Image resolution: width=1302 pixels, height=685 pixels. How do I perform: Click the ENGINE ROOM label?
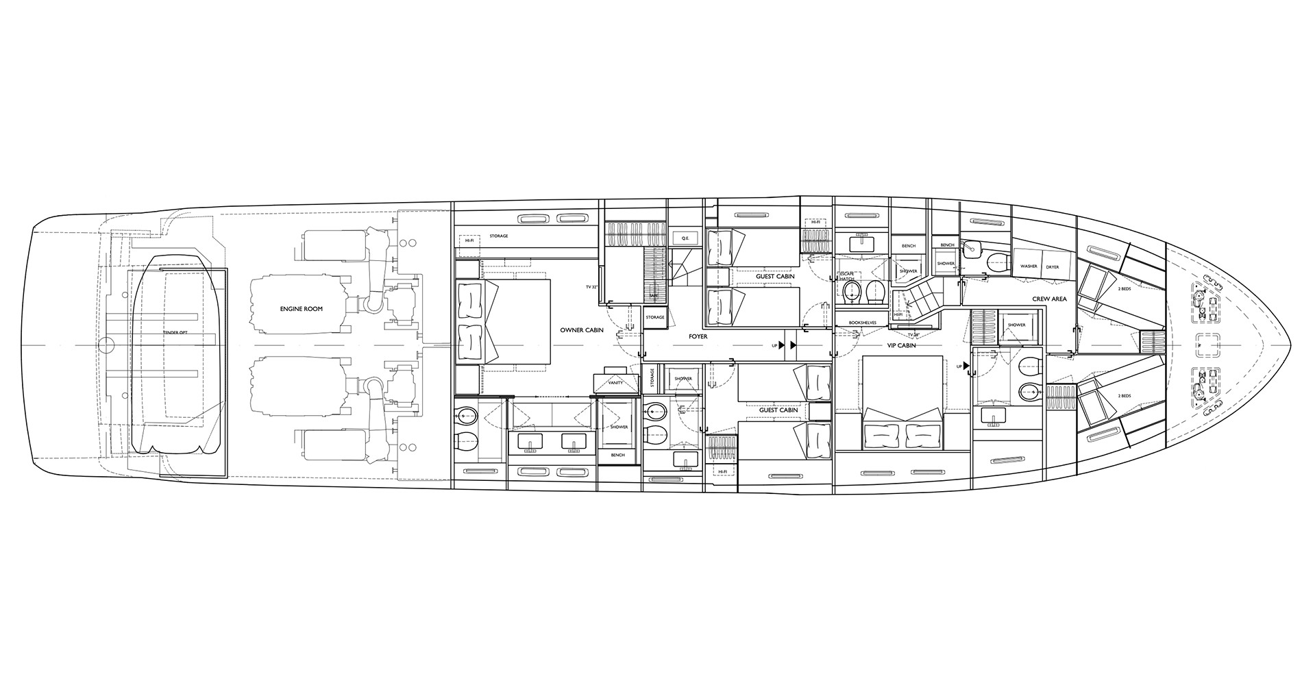pos(302,309)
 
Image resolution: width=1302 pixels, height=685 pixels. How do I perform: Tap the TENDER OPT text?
pos(175,332)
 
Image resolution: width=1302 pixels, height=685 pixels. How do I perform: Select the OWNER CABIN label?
pos(582,330)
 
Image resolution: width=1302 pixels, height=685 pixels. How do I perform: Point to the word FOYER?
pos(698,337)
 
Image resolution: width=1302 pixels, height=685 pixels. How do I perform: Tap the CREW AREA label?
pos(1049,299)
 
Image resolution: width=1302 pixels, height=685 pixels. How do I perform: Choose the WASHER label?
pos(1029,266)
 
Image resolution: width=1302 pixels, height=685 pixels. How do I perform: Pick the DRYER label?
pos(1053,266)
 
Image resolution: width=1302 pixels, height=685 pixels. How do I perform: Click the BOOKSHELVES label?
pos(863,322)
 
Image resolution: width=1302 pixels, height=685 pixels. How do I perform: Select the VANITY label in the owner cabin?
pos(615,383)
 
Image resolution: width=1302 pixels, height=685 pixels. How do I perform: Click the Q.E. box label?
pos(684,238)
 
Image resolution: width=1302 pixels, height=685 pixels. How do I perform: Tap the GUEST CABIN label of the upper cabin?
pos(775,277)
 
